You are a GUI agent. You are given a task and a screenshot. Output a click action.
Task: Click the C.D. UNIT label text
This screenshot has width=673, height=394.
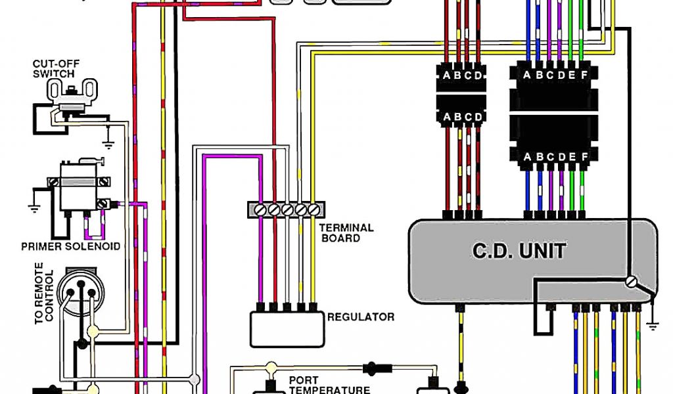tap(519, 251)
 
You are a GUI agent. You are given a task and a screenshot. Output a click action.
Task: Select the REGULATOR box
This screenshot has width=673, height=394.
tap(287, 329)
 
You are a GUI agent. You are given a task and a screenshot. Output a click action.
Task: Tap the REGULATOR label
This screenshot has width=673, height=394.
tap(361, 317)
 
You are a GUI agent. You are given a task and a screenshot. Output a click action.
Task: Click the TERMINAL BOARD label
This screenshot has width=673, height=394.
tap(346, 232)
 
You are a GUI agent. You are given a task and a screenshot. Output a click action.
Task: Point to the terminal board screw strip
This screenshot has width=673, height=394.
tap(287, 209)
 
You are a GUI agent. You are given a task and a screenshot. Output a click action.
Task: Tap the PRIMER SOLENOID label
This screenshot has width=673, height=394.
tap(71, 246)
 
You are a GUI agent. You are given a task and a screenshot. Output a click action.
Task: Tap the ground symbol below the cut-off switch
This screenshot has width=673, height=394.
tap(106, 142)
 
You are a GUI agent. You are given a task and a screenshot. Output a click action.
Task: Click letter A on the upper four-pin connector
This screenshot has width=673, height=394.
tap(447, 76)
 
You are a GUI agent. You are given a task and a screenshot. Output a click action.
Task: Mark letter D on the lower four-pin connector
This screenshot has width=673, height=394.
tap(478, 117)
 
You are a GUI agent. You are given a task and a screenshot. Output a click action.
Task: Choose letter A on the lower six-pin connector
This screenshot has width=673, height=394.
tap(526, 157)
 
